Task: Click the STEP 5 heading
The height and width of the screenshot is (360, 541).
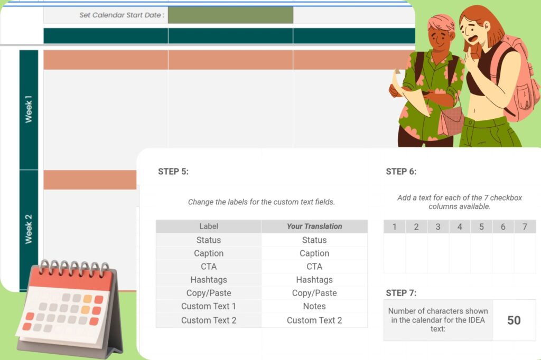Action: [x=173, y=172]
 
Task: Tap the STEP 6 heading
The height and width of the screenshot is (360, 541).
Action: [x=401, y=172]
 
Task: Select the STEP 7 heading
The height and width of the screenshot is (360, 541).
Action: [x=401, y=293]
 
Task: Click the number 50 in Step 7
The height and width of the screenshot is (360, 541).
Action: [x=514, y=320]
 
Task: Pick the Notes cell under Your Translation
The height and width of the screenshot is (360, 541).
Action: [x=314, y=306]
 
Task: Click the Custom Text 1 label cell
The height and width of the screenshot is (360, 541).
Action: [x=209, y=306]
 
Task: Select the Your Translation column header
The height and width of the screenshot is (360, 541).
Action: [x=314, y=226]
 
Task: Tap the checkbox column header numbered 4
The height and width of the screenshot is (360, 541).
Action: [x=460, y=226]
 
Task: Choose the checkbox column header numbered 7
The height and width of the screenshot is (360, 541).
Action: [x=525, y=226]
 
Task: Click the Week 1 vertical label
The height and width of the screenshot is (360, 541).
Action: [x=29, y=109]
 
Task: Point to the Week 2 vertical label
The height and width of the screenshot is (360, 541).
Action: [x=29, y=229]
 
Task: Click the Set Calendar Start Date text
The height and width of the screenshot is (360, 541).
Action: [x=122, y=15]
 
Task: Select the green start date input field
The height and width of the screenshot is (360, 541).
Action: [x=230, y=15]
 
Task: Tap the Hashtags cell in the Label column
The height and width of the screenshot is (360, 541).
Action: [x=209, y=280]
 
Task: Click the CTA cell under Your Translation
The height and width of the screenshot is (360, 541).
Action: [x=314, y=267]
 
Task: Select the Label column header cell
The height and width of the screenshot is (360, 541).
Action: [x=209, y=226]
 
